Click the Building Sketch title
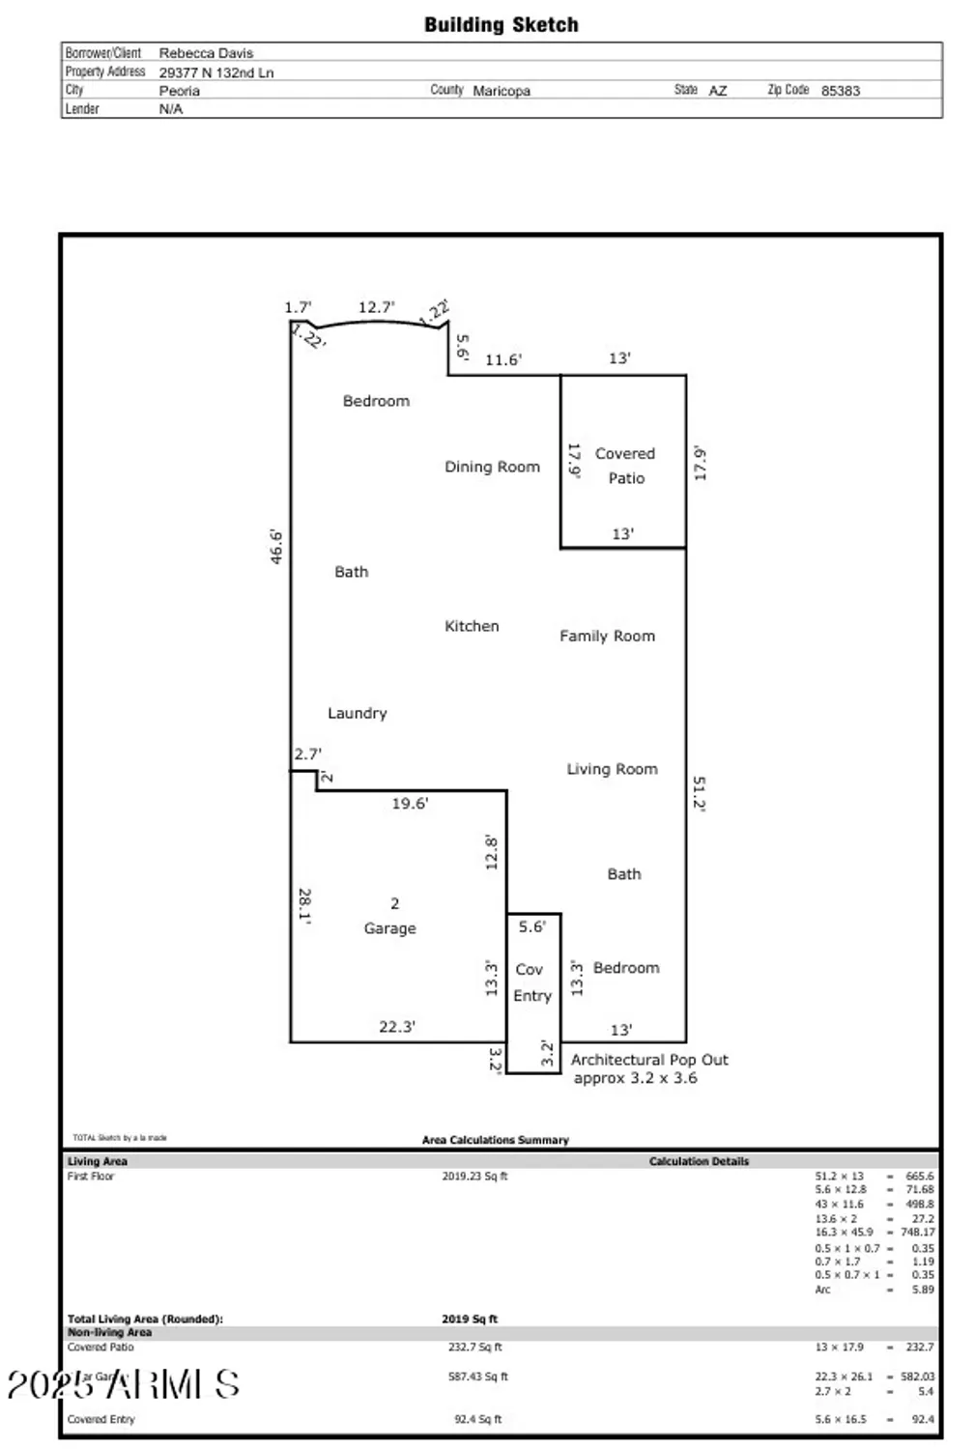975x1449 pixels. pos(501,25)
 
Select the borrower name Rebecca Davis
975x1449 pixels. pos(206,53)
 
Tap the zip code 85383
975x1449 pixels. pos(840,91)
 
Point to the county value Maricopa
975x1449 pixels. pos(501,91)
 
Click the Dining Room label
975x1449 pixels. pos(492,467)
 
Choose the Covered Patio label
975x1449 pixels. pos(625,466)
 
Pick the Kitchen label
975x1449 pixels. pos(472,626)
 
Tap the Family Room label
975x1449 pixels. pos(607,636)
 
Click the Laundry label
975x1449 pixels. pos(357,713)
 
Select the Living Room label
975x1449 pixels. pos(612,769)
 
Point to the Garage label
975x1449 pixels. pos(389,927)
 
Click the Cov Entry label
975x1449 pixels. pos(531,982)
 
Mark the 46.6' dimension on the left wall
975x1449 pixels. pos(276,547)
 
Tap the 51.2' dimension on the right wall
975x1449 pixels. pos(699,794)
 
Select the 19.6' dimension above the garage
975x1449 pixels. pos(410,803)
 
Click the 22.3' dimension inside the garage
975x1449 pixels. pos(397,1027)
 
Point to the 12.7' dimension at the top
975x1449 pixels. pos(376,307)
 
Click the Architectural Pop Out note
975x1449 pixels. pos(648,1068)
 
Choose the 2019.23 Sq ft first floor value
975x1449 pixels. pos(474,1177)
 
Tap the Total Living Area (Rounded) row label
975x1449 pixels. pos(145,1319)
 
